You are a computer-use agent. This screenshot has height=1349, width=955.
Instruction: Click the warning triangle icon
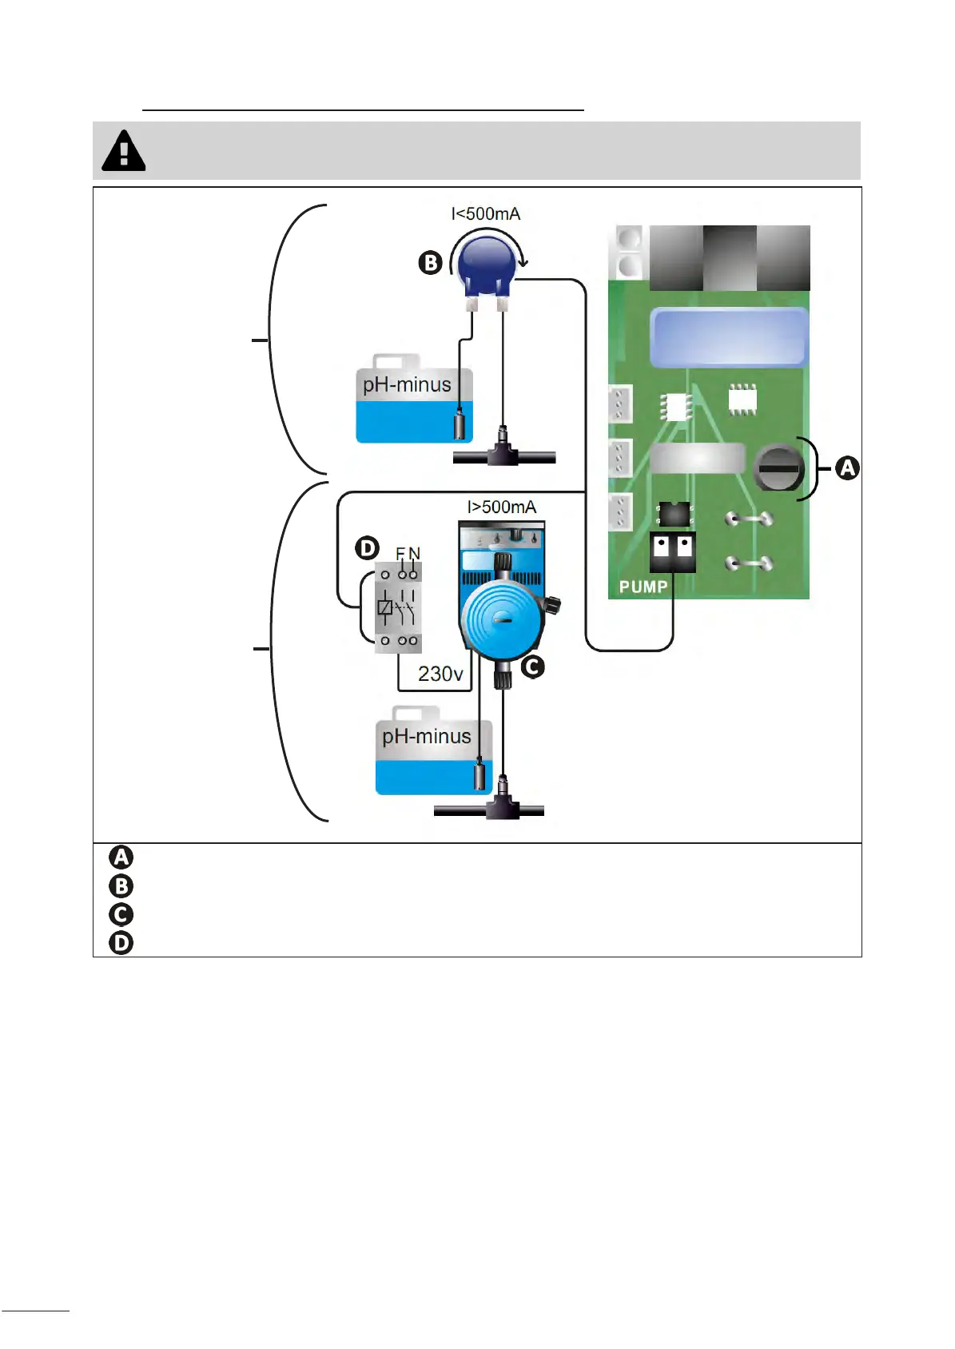pyautogui.click(x=124, y=151)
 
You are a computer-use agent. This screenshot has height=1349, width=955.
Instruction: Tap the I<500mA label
pyautogui.click(x=485, y=214)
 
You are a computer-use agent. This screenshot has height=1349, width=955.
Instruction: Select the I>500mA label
pyautogui.click(x=501, y=507)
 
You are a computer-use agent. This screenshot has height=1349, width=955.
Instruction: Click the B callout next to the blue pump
pyautogui.click(x=430, y=263)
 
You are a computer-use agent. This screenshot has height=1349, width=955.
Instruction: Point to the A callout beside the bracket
pyautogui.click(x=847, y=468)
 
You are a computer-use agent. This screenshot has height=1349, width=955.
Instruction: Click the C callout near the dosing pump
pyautogui.click(x=532, y=667)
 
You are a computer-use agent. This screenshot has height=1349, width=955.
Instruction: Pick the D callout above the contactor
pyautogui.click(x=367, y=548)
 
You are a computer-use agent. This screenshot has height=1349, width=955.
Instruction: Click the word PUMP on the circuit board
pyautogui.click(x=643, y=587)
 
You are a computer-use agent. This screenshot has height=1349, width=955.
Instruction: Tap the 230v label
pyautogui.click(x=440, y=674)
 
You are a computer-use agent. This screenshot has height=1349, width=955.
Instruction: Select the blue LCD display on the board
pyautogui.click(x=728, y=337)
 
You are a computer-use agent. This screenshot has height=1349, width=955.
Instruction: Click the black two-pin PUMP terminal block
pyautogui.click(x=672, y=551)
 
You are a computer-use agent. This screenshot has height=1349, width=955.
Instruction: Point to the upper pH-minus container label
pyautogui.click(x=407, y=385)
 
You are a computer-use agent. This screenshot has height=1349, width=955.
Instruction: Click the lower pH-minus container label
pyautogui.click(x=426, y=736)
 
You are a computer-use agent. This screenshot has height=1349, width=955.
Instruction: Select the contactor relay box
pyautogui.click(x=398, y=608)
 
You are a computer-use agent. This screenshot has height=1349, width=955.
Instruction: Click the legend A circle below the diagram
pyautogui.click(x=121, y=858)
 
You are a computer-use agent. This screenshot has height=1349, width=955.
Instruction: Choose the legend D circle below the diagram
pyautogui.click(x=121, y=943)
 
